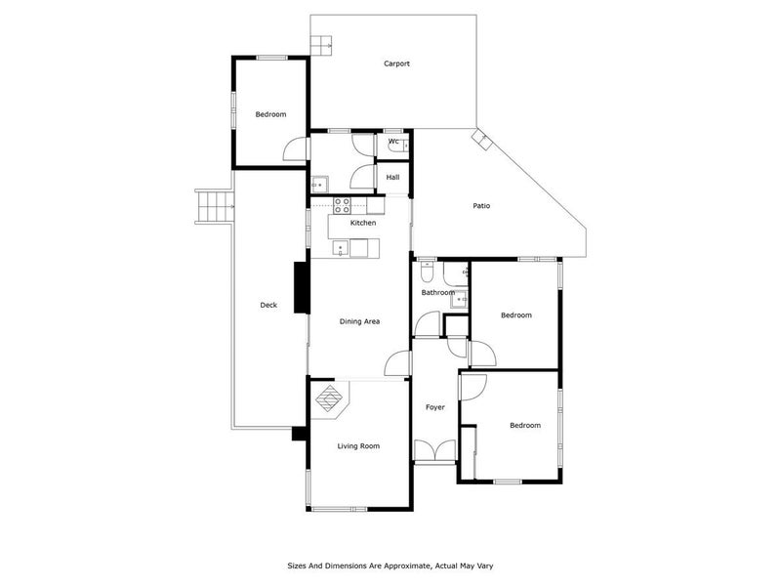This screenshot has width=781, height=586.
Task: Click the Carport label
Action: [396, 63]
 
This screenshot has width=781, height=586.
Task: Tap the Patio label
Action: [481, 206]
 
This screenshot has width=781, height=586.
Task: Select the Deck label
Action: [268, 305]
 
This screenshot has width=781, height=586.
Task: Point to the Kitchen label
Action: [363, 223]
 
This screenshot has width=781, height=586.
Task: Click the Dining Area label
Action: [359, 321]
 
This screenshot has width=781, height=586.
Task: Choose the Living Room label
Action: [358, 446]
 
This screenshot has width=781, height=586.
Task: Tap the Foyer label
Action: [434, 407]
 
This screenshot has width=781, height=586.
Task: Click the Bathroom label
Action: [437, 292]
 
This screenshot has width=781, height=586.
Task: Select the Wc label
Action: [393, 142]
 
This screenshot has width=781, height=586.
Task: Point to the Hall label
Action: [392, 177]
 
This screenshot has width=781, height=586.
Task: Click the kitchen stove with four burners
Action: [343, 205]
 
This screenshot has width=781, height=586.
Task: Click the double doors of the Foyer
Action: [434, 450]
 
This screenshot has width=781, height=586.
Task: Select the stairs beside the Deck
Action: [215, 206]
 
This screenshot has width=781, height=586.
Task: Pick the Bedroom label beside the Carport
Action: [270, 114]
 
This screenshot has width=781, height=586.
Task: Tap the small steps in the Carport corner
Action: [322, 45]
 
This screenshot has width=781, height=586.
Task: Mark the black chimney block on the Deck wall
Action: [302, 287]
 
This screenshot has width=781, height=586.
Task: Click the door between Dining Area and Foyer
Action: [398, 363]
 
